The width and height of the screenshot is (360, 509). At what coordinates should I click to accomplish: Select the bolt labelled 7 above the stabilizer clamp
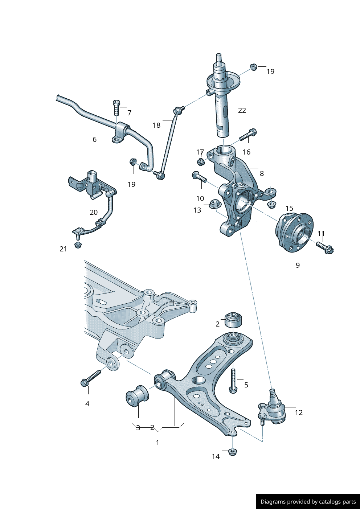click(116, 107)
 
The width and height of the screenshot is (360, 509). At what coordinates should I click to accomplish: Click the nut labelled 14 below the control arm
click(233, 452)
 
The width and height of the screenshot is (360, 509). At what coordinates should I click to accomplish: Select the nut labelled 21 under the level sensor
click(78, 245)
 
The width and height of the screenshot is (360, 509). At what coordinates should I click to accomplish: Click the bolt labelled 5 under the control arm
click(233, 381)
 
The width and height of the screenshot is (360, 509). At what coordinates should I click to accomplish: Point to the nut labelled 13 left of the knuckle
click(214, 203)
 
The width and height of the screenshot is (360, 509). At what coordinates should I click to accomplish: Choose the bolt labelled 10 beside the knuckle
click(199, 177)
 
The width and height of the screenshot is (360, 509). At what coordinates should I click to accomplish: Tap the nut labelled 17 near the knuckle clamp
click(201, 161)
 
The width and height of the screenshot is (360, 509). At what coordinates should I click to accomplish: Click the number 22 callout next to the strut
click(242, 110)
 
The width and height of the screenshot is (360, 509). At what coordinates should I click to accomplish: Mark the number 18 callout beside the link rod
click(156, 125)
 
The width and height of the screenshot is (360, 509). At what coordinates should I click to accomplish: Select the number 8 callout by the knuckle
click(262, 173)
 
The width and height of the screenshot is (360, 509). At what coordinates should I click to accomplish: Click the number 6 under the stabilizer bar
click(94, 139)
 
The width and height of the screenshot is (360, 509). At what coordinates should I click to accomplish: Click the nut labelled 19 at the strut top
click(254, 67)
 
